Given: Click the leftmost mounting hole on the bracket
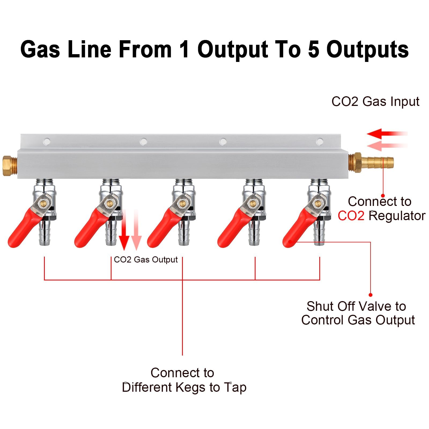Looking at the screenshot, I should pos(47,141).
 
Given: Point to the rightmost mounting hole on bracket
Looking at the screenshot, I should pos(320,141).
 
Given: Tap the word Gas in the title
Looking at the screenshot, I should pos(40,50).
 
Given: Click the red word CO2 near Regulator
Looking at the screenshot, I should pos(351,216).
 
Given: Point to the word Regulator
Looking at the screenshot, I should pos(397,216).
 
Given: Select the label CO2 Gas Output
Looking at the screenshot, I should pos(146,260).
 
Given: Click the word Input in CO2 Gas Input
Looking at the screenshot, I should pos(405,102).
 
